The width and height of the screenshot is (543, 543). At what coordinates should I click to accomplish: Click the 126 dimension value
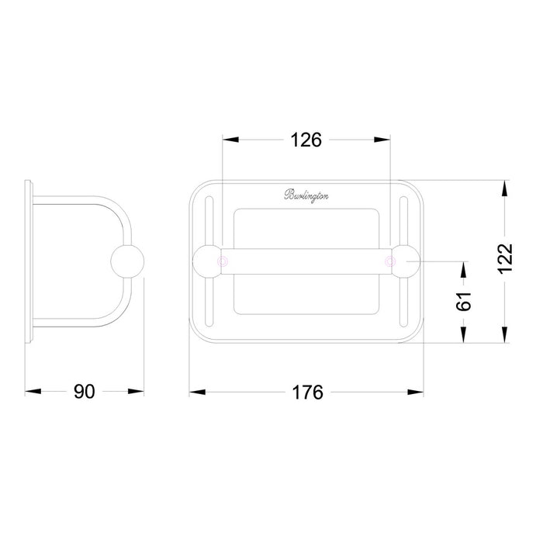tap(306, 140)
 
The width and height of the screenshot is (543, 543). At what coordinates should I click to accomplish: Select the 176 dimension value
tap(307, 393)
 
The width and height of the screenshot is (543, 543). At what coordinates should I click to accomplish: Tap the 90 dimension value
tap(84, 392)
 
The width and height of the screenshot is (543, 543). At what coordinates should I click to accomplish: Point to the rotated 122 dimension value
tap(506, 258)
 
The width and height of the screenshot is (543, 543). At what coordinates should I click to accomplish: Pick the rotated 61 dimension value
tap(464, 301)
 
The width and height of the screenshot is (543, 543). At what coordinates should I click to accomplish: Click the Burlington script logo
tap(306, 195)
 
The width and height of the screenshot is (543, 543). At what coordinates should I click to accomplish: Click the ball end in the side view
tap(127, 261)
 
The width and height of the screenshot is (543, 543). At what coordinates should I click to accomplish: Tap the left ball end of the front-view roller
tap(207, 261)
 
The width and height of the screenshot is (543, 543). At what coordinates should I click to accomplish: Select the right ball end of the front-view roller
tap(406, 261)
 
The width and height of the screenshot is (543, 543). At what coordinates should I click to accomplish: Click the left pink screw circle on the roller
tap(223, 261)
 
